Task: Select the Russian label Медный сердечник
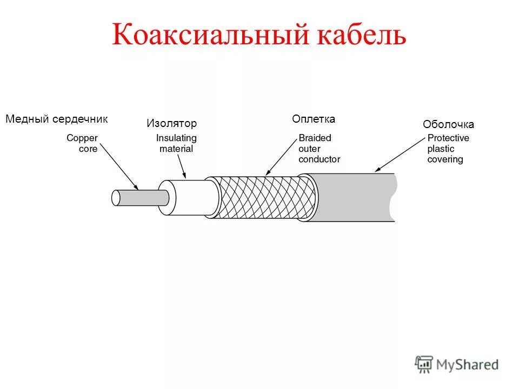57,119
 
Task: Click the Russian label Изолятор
171,123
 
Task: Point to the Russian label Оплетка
314,119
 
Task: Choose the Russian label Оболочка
448,125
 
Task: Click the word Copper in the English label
82,138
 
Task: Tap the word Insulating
176,138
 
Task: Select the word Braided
315,138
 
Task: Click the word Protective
448,138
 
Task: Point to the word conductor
319,159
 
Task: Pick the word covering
445,159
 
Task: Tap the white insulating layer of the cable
189,197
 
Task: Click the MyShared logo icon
424,365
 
